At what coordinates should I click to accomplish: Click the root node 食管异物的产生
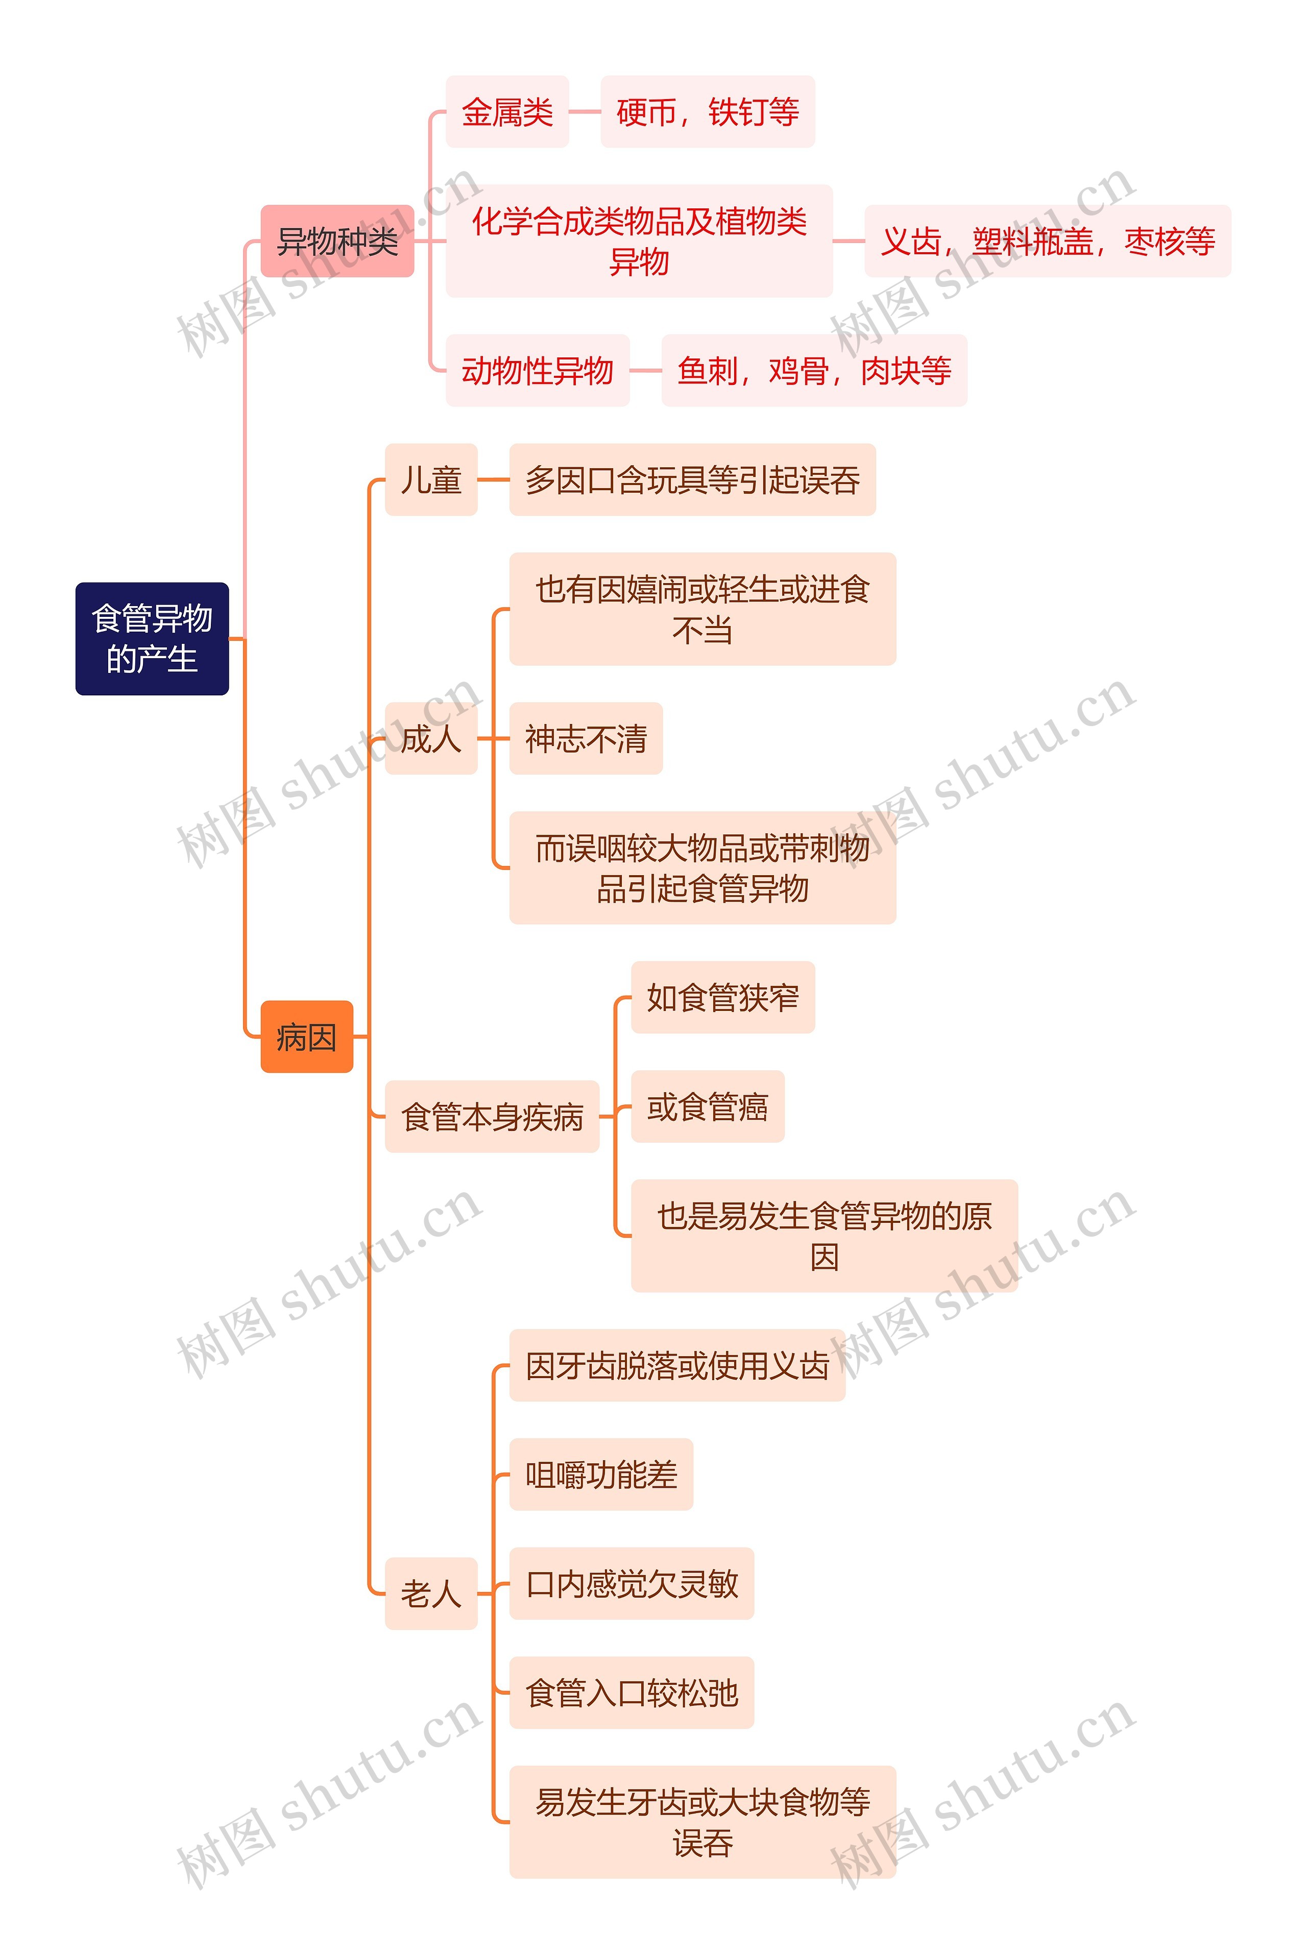tap(152, 639)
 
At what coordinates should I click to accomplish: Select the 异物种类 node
tap(337, 241)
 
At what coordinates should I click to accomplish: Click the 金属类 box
tap(507, 112)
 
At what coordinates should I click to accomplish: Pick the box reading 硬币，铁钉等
tap(707, 112)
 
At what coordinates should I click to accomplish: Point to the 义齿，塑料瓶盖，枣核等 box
tap(1047, 241)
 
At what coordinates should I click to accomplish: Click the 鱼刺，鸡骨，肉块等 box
tap(813, 370)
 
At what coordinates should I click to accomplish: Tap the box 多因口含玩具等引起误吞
tap(692, 479)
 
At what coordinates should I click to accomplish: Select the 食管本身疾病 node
tap(492, 1116)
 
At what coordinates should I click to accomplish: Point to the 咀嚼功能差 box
tap(600, 1474)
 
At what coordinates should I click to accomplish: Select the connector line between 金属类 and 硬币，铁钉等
tap(584, 112)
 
